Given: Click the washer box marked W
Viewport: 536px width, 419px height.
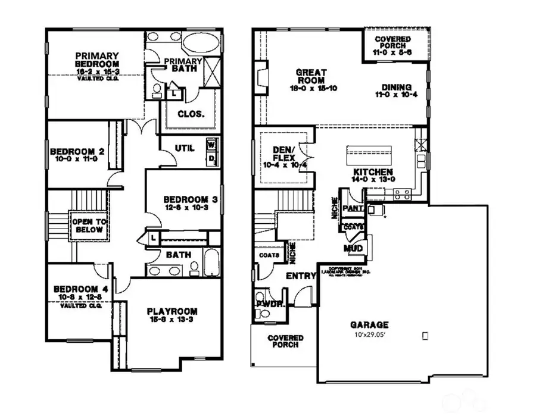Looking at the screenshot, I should click(210, 143).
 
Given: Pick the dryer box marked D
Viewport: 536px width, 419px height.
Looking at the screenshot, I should click(210, 157).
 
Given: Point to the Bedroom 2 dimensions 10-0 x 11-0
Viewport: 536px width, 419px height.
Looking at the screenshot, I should click(78, 159).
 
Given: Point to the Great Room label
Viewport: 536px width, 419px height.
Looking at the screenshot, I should click(310, 76).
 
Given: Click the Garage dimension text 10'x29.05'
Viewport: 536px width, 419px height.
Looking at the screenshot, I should click(369, 334).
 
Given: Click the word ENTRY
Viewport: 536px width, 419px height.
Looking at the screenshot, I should click(301, 276).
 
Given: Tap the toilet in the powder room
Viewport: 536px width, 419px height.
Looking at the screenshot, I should click(260, 297).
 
